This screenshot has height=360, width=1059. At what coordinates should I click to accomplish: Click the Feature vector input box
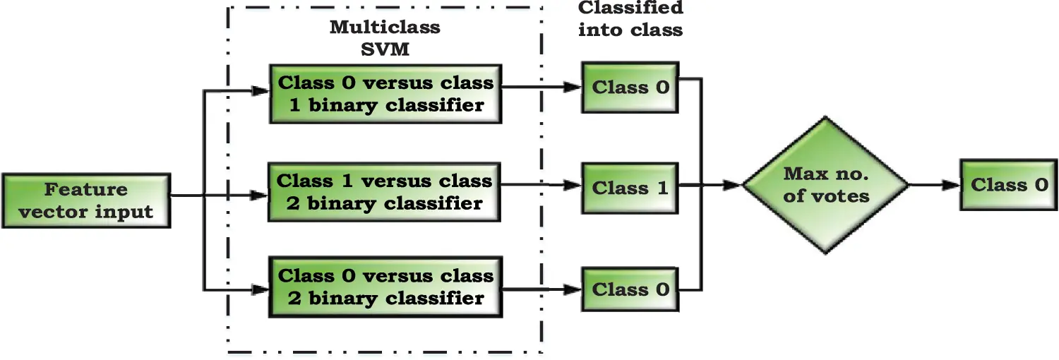[x=86, y=200]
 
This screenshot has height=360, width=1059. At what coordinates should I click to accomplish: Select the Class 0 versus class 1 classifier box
[x=385, y=93]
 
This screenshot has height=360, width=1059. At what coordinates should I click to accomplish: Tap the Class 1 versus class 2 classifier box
[x=385, y=191]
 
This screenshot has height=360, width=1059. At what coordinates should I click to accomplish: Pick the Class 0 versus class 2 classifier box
[x=385, y=287]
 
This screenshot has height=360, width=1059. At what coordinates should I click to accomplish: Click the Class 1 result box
[x=630, y=188]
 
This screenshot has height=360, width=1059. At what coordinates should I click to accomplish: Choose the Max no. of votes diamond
[x=825, y=185]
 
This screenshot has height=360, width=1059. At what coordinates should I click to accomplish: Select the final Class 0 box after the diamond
[x=1009, y=185]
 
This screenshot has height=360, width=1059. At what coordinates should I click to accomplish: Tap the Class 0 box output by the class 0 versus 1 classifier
[x=630, y=88]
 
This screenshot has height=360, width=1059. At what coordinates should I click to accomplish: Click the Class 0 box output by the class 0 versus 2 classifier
[x=630, y=289]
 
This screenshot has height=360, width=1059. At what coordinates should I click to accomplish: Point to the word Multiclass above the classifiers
[x=385, y=28]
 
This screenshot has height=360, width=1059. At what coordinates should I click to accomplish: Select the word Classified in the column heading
[x=630, y=9]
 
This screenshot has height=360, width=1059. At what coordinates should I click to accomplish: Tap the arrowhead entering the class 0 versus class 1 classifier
[x=260, y=90]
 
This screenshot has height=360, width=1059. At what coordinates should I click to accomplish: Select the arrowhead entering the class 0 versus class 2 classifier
[x=260, y=289]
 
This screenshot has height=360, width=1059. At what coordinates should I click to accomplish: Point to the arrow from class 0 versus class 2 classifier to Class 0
[x=540, y=289]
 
